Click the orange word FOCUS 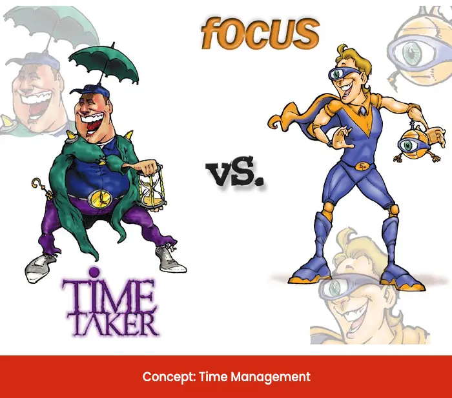click(260, 33)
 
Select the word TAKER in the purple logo click(112, 324)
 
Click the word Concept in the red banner click(169, 377)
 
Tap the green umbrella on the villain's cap click(105, 65)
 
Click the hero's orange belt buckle click(362, 166)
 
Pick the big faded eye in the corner click(413, 52)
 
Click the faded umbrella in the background click(50, 25)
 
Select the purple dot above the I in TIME click(93, 272)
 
